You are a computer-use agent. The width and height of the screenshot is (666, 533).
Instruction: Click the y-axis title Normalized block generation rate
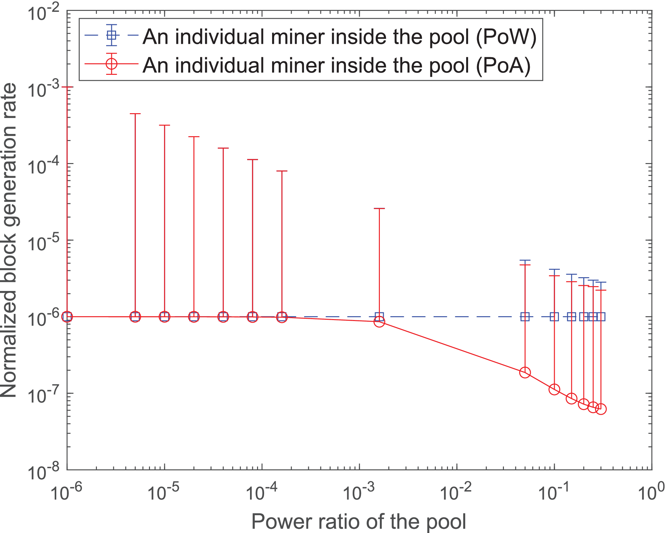[10, 240]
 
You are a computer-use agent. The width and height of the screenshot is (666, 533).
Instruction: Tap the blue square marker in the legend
[112, 35]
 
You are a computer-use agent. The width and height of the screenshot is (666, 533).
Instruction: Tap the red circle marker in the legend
[112, 64]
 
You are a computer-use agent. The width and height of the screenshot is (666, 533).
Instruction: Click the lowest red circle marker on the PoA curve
[601, 409]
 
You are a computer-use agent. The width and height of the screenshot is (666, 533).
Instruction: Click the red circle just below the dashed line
[379, 321]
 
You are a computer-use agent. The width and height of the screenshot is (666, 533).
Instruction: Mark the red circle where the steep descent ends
[525, 372]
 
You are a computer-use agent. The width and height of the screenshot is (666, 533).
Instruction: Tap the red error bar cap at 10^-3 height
[67, 87]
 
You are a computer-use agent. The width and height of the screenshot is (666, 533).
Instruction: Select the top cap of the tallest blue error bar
[525, 260]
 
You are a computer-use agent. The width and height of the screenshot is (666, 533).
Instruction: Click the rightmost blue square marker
[601, 317]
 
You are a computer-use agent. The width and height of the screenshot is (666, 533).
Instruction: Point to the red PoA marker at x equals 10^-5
[164, 317]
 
